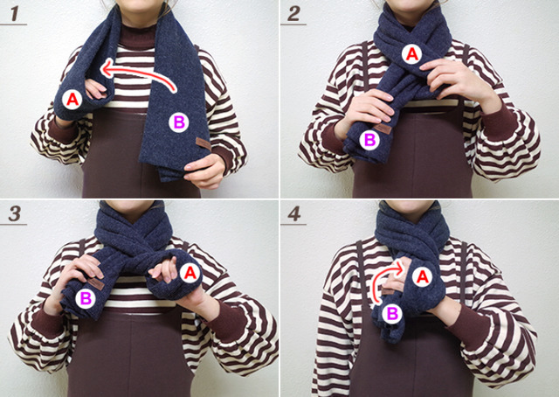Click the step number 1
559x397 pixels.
coord(14,13)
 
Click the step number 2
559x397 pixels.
coord(293,13)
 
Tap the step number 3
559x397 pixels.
coord(14,213)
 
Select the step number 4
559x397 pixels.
coord(293,213)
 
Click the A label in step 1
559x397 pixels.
coord(72,100)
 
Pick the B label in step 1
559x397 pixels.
coord(178,122)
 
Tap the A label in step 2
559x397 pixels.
coord(411,54)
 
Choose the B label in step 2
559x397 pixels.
coord(369,140)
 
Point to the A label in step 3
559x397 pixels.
coord(190,273)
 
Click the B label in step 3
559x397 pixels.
coord(86,298)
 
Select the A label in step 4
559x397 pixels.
coord(422,277)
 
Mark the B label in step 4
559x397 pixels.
coord(392,314)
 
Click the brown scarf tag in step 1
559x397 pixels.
coord(204,143)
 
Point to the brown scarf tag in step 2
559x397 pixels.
coord(383,129)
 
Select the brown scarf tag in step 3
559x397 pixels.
coord(96,284)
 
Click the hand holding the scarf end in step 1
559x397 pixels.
coord(205,171)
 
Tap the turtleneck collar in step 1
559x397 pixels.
coord(138,36)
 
